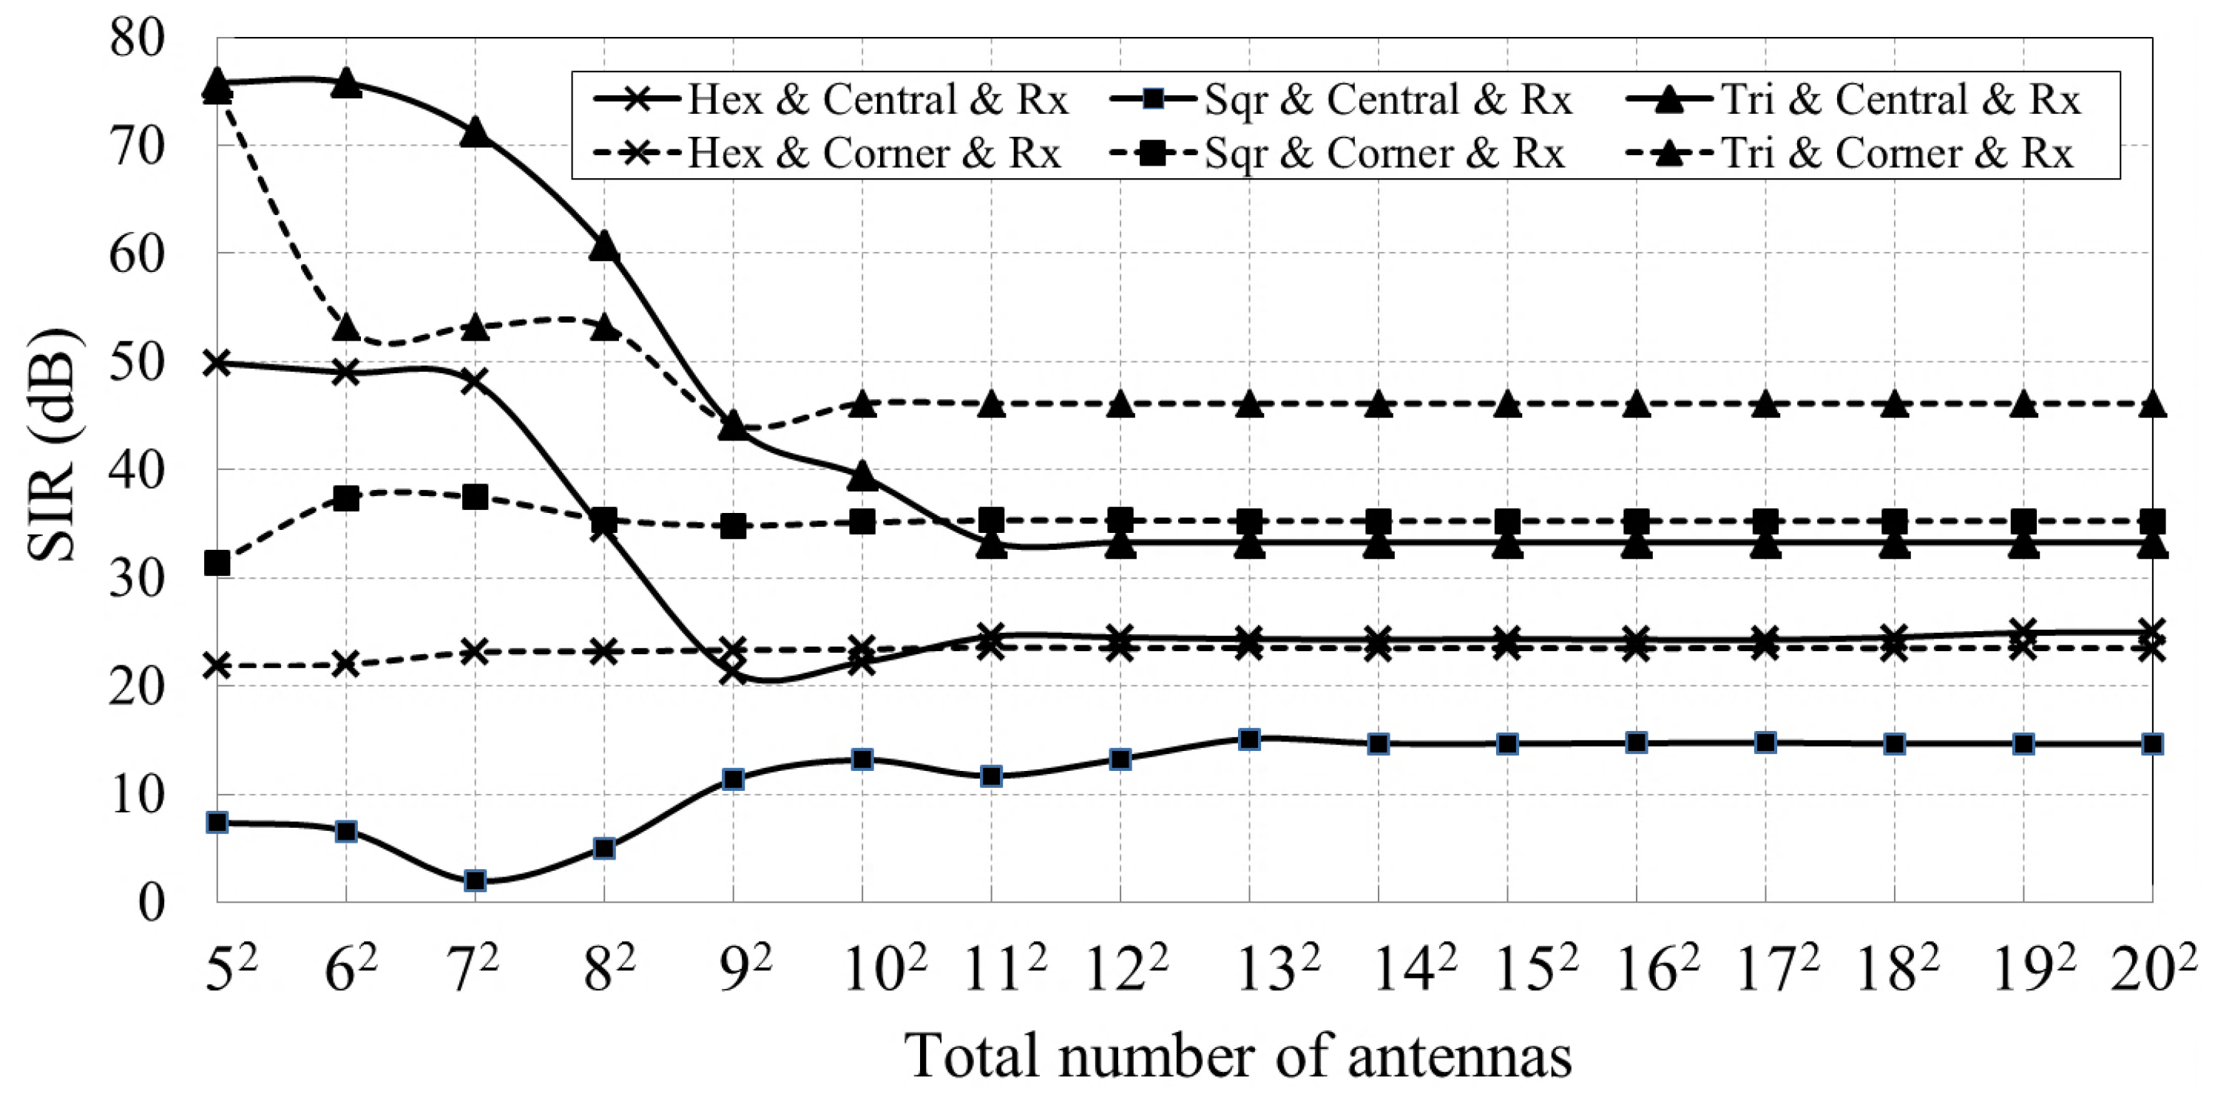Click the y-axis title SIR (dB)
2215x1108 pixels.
click(53, 444)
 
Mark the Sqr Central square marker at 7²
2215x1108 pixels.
click(476, 880)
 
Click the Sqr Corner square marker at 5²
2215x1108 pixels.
click(217, 563)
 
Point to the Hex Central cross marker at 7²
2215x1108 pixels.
click(474, 381)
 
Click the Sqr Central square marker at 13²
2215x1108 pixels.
click(1249, 739)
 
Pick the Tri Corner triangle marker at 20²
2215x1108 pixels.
click(2152, 404)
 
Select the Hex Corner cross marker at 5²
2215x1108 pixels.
click(217, 665)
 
